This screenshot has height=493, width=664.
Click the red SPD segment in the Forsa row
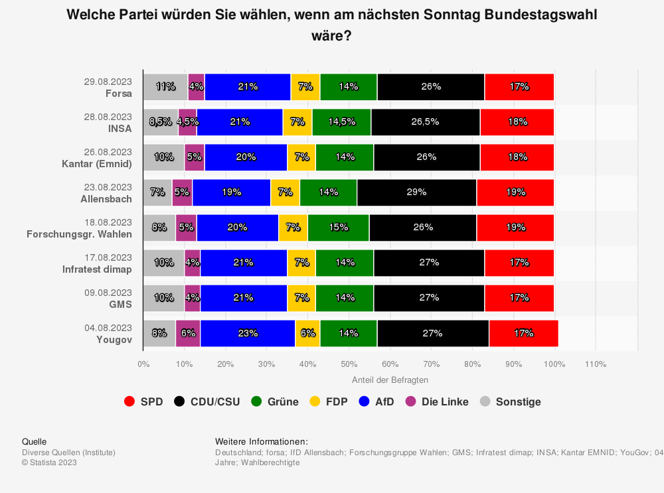pyautogui.click(x=519, y=87)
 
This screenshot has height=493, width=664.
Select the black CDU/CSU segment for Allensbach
pyautogui.click(x=416, y=192)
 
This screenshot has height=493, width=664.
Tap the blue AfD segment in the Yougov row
pyautogui.click(x=248, y=333)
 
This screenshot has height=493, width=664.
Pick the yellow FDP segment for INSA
pyautogui.click(x=297, y=122)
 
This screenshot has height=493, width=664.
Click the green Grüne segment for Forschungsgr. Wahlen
pyautogui.click(x=338, y=228)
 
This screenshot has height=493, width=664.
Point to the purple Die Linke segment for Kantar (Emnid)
pyautogui.click(x=195, y=157)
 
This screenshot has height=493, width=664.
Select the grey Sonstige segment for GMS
pyautogui.click(x=163, y=298)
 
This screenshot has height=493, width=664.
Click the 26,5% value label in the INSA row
pyautogui.click(x=426, y=122)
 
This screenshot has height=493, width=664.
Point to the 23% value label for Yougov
pyautogui.click(x=248, y=333)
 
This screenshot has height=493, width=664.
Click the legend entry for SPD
pyautogui.click(x=143, y=401)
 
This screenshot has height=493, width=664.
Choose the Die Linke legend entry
pyautogui.click(x=438, y=401)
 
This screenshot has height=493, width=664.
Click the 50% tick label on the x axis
pyautogui.click(x=349, y=364)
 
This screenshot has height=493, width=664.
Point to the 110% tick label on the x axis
pyautogui.click(x=596, y=364)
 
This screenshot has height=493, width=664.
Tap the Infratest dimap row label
pyautogui.click(x=98, y=269)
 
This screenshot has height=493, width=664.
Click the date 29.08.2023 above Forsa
pyautogui.click(x=108, y=82)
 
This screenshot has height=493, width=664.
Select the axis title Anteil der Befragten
pyautogui.click(x=390, y=380)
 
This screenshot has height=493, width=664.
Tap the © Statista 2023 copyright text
pyautogui.click(x=49, y=462)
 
